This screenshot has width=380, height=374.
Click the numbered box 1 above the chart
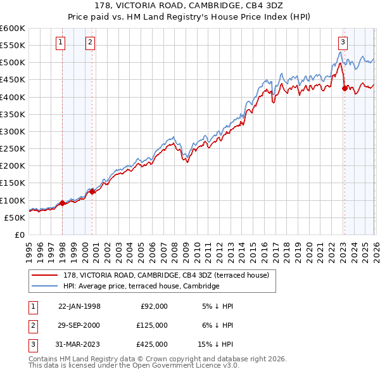(x=60, y=42)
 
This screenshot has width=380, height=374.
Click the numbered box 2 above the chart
(x=90, y=42)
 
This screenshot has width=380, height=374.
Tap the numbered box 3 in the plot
(x=342, y=42)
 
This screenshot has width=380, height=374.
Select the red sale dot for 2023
(x=345, y=88)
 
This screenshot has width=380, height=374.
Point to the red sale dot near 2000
(x=92, y=191)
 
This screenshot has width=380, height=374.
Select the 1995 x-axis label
(x=29, y=250)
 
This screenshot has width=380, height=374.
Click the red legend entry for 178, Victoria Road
(x=166, y=275)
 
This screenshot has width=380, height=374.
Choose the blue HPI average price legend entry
(x=141, y=286)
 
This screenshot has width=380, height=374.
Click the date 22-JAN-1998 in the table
(x=79, y=306)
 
